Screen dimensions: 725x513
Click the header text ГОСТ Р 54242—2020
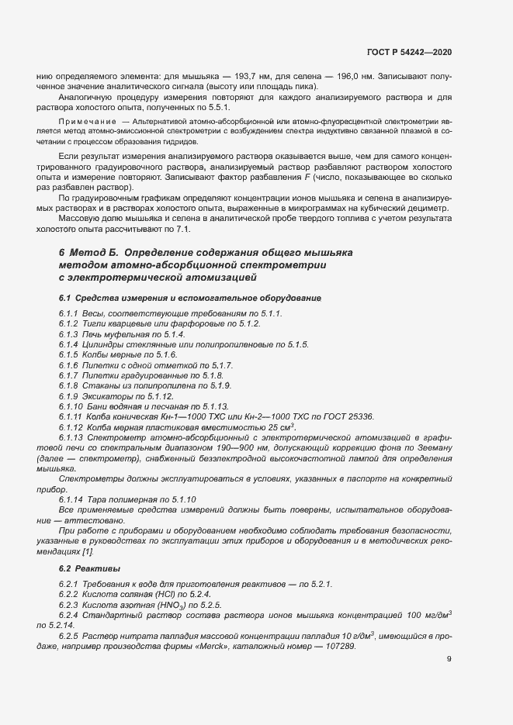click(x=409, y=52)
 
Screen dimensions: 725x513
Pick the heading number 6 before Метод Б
click(x=61, y=254)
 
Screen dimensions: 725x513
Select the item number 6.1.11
click(x=71, y=416)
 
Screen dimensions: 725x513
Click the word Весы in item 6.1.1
click(x=92, y=312)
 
